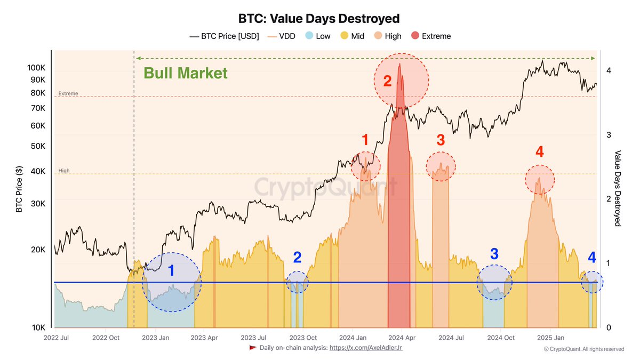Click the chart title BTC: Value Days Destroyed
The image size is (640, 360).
coord(320,19)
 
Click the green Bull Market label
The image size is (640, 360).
coord(186,73)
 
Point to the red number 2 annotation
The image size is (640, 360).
coord(387,81)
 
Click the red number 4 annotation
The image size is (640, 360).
coord(539,152)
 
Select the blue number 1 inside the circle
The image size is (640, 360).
coord(171,271)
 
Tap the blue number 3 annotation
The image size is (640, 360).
coord(494,254)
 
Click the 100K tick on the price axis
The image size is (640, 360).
coord(36,68)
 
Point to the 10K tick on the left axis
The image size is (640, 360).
coord(38,327)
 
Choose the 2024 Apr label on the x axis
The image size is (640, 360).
coord(402,338)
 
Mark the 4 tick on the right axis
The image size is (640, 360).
coord(609,70)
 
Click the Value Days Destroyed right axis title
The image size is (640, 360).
coord(618,188)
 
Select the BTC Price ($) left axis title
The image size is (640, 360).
coord(19,188)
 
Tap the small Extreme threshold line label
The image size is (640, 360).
coord(68,93)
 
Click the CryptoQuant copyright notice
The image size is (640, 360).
coord(583,349)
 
